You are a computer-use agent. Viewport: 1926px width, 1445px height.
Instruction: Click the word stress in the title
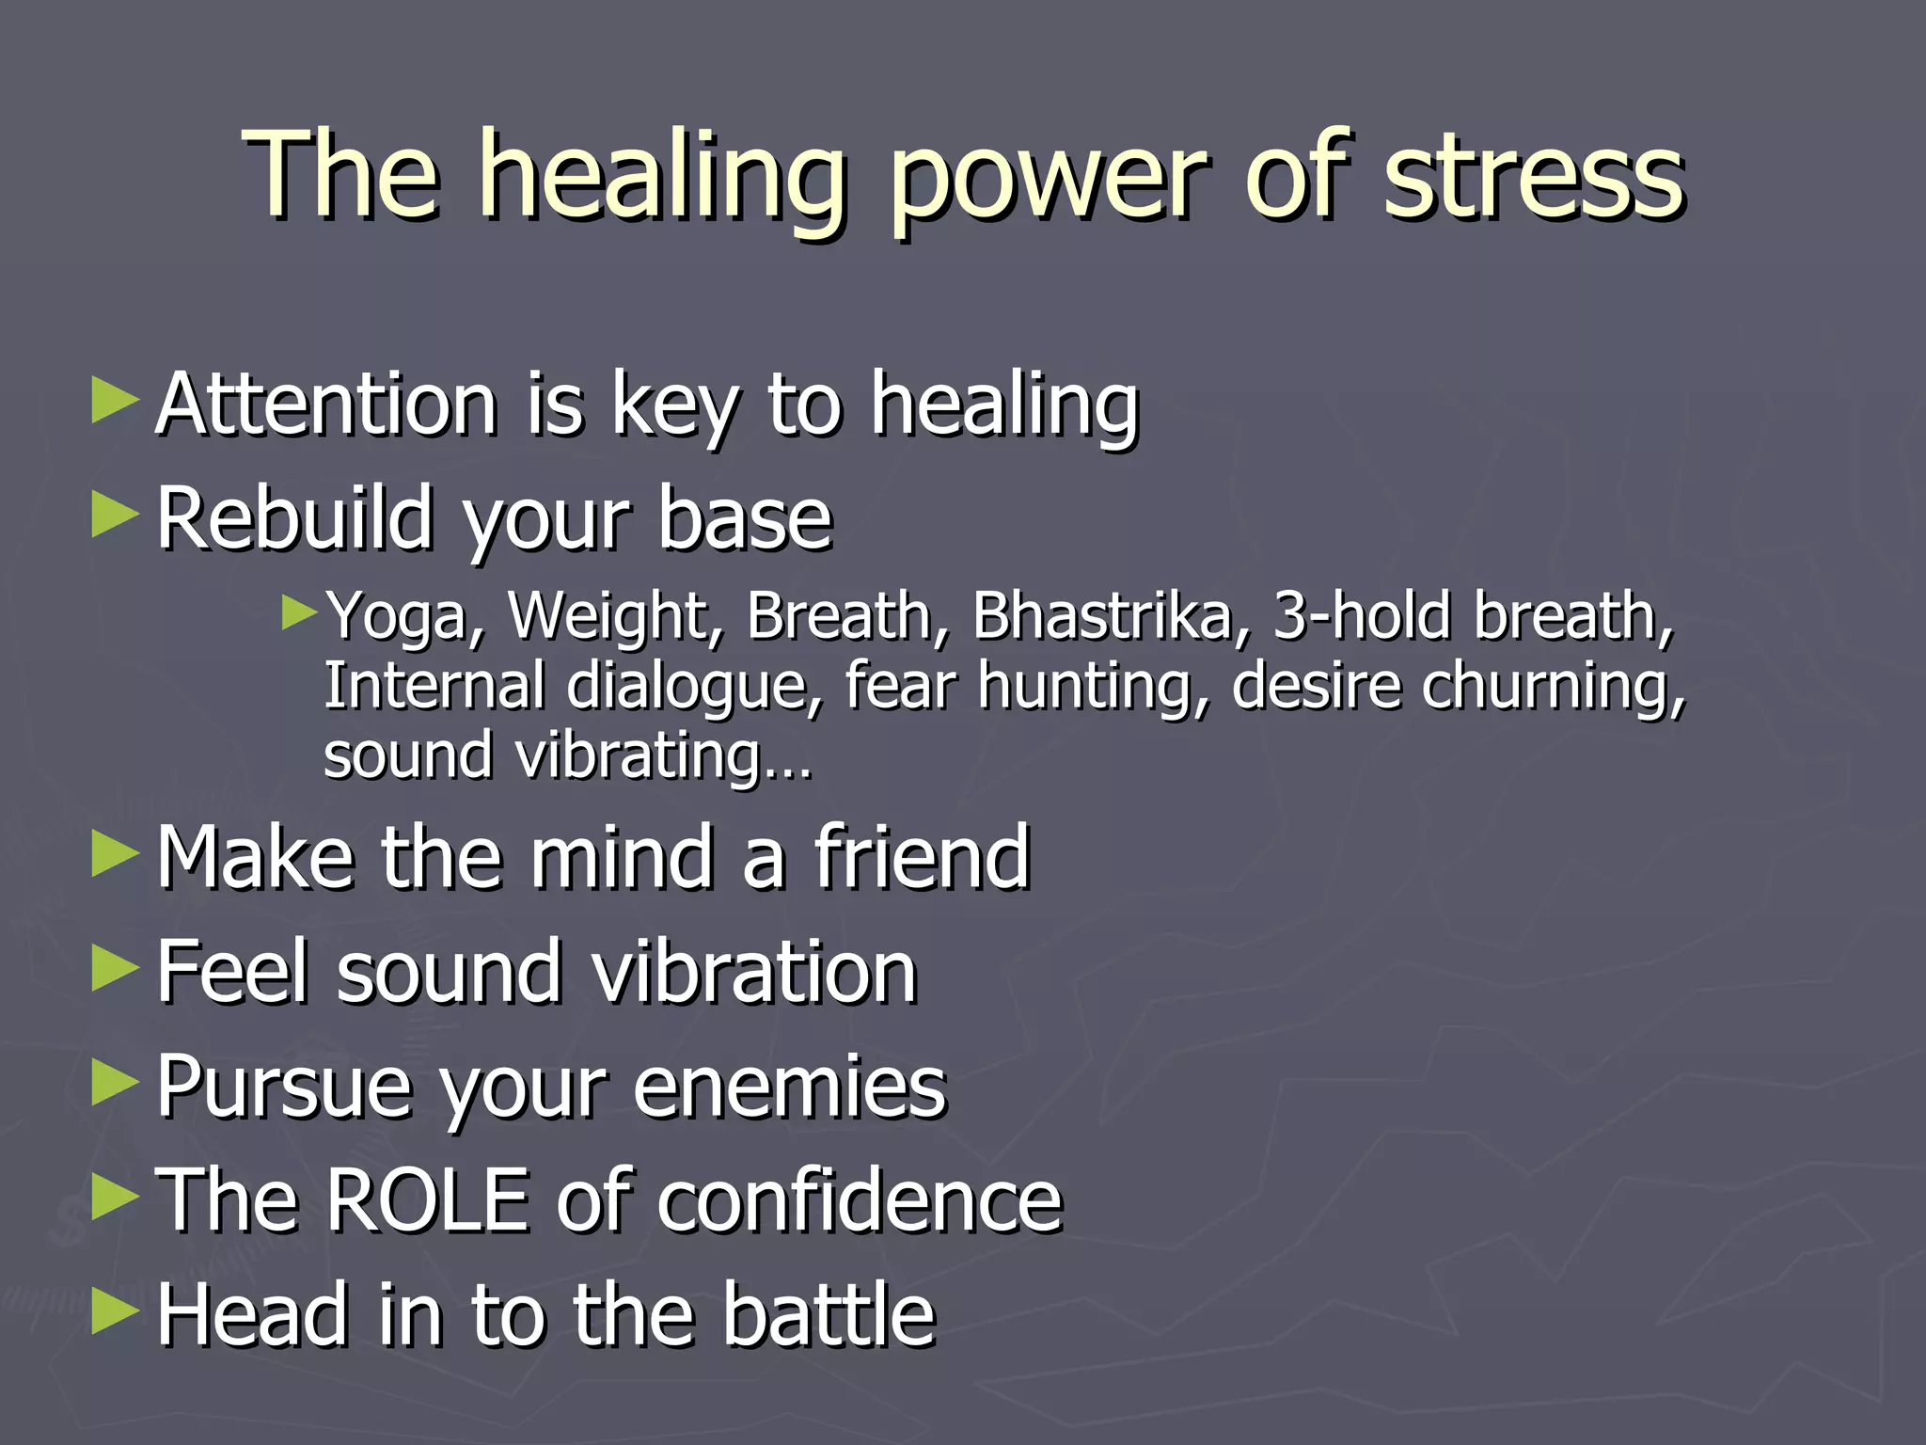click(x=1533, y=179)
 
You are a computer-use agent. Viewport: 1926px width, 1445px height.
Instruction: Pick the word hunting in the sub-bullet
click(x=1092, y=687)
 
